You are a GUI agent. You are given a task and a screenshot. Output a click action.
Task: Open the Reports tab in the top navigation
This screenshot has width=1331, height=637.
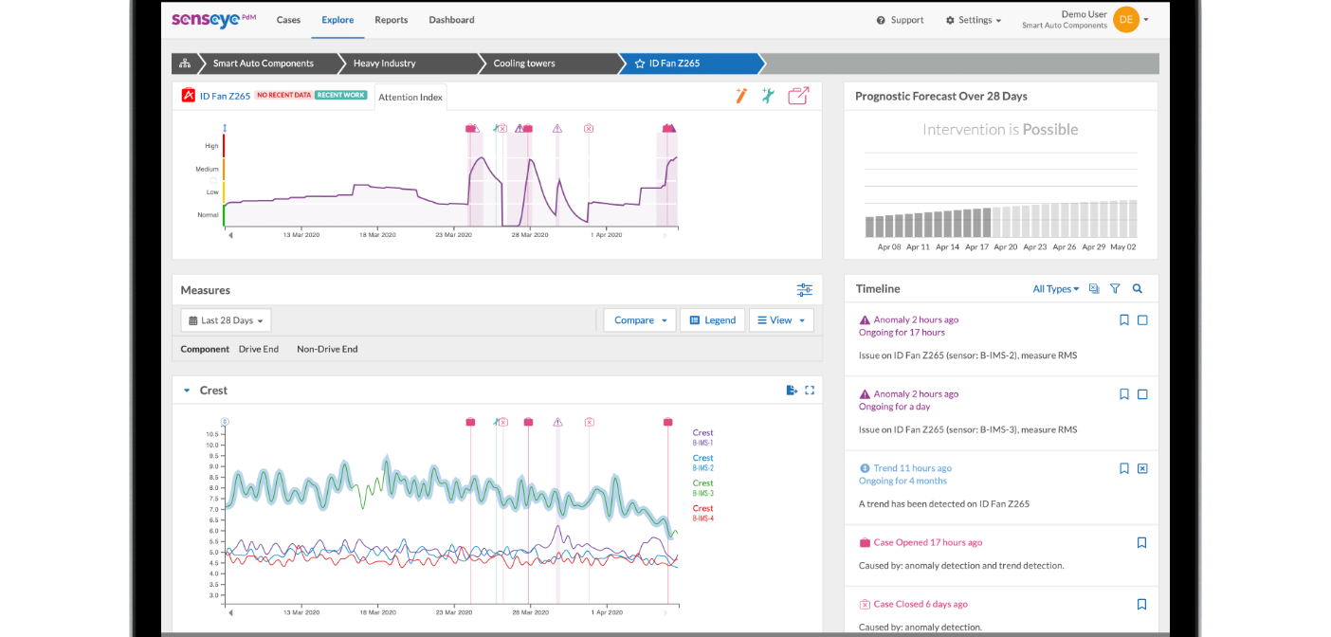point(391,20)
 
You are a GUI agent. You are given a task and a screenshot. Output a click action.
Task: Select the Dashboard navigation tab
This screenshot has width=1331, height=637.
point(451,20)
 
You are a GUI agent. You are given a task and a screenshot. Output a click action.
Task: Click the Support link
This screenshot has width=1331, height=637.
point(901,20)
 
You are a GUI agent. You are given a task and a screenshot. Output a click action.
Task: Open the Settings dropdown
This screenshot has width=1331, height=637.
point(974,20)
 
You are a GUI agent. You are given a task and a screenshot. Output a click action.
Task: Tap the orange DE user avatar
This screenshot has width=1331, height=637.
point(1125,19)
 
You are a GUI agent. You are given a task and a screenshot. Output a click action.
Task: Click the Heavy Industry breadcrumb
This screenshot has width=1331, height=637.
point(384,64)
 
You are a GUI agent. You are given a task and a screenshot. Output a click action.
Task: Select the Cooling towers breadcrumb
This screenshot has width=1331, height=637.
point(523,64)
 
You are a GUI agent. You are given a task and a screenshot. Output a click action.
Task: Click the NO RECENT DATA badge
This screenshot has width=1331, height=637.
point(283,96)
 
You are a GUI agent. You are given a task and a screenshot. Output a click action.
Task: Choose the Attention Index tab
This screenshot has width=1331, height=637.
point(410,97)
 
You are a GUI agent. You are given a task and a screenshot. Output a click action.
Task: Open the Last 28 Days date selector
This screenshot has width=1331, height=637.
point(227,320)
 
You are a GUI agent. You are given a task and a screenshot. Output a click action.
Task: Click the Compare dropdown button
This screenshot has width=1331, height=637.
point(640,320)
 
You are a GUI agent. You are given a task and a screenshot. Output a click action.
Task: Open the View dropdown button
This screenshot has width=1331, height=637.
point(781,320)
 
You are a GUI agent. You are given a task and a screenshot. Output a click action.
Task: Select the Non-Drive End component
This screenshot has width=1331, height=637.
point(327,349)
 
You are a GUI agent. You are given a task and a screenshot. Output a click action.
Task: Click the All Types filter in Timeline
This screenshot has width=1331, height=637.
point(1055,289)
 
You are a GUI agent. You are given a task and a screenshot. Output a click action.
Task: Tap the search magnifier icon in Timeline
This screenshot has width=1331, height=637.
point(1138,289)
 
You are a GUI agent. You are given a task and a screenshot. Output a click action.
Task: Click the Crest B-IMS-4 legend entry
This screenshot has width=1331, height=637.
point(702,513)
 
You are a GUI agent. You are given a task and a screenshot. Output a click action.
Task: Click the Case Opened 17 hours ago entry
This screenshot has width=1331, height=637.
point(927,543)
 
